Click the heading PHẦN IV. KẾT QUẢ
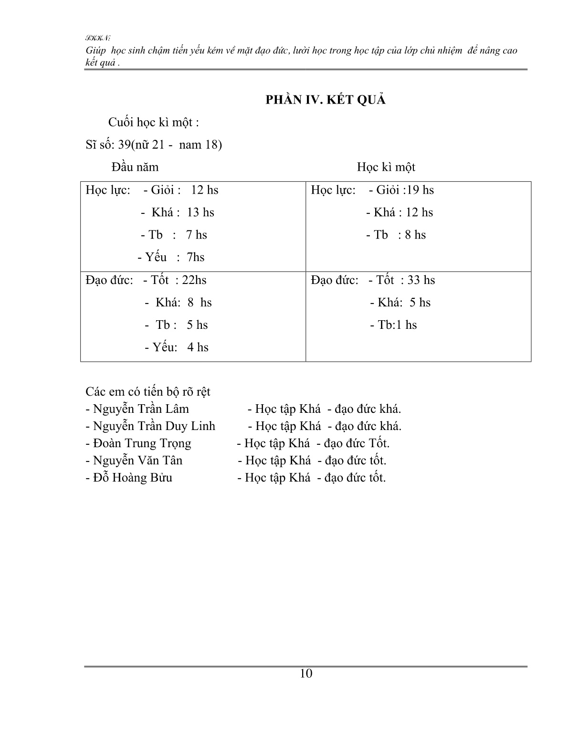click(326, 100)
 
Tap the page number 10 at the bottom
click(306, 673)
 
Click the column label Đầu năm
click(135, 167)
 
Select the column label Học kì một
click(386, 167)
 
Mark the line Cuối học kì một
click(153, 123)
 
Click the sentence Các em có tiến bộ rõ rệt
click(148, 392)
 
